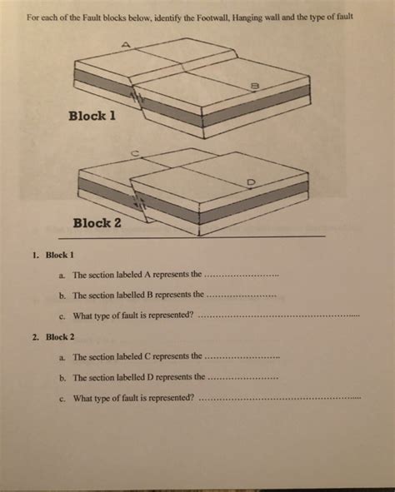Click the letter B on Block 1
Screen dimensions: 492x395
click(254, 84)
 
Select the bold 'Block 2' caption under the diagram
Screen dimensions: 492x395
click(97, 222)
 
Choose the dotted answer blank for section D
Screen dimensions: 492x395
click(241, 378)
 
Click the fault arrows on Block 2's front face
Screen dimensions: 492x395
click(138, 202)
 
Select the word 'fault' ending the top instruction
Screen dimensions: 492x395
click(346, 17)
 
